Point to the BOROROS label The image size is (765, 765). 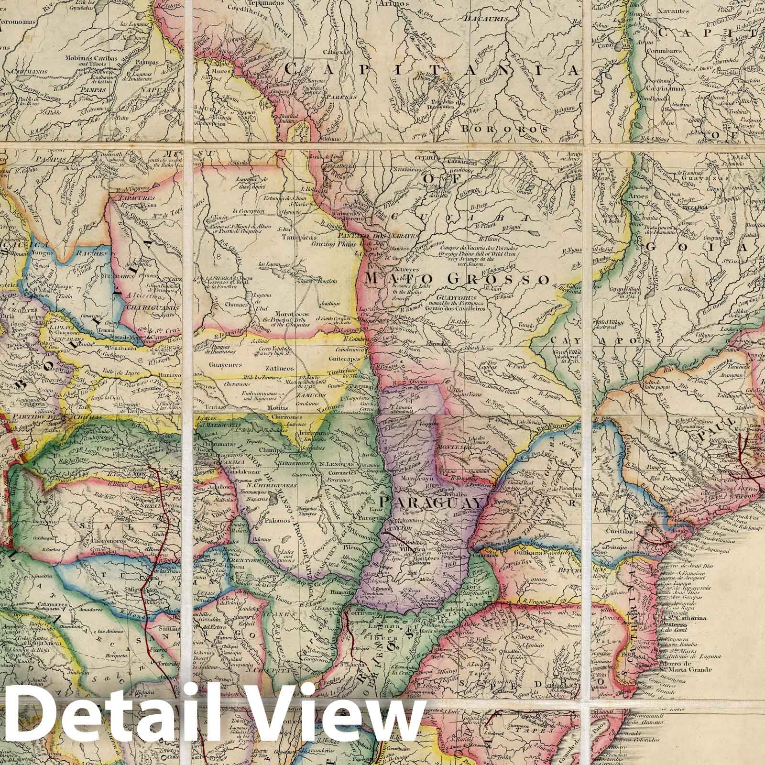pos(503,129)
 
